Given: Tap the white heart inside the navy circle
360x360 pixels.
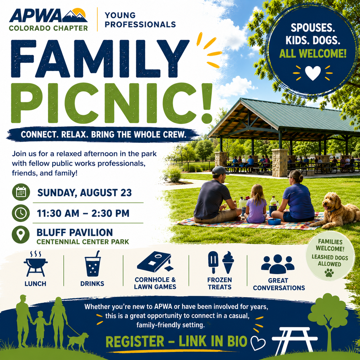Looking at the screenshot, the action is [x=313, y=73].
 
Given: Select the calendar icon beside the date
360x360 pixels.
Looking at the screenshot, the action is [x=21, y=192].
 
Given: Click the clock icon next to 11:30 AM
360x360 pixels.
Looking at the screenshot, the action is [x=21, y=213].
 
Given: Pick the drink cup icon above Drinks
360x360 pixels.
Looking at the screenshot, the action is [x=93, y=264].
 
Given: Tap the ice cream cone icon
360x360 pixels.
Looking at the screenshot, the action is [x=228, y=262].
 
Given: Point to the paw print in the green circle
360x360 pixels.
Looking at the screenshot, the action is [x=329, y=273].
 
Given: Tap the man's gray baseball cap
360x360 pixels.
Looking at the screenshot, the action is [x=220, y=170].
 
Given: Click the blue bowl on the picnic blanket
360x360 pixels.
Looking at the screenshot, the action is [x=274, y=222].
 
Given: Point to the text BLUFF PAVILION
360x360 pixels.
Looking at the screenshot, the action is [x=75, y=233].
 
